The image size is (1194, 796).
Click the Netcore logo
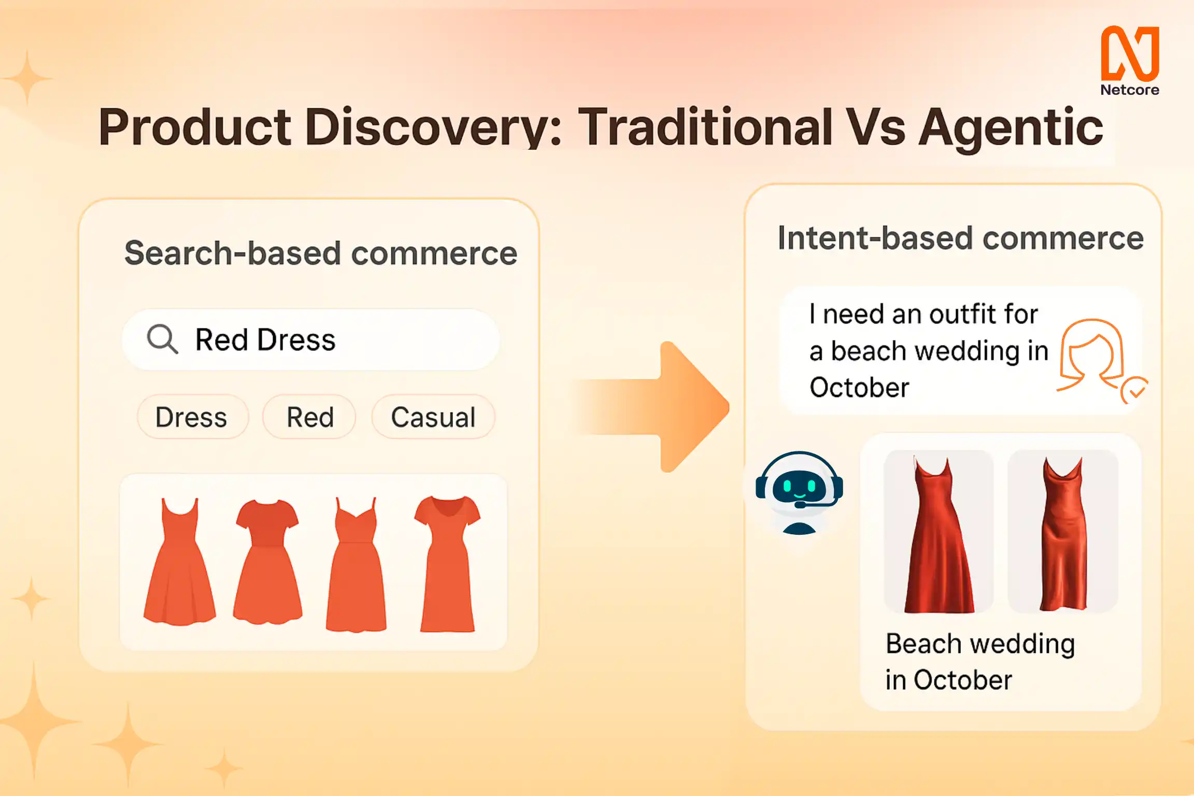click(x=1130, y=61)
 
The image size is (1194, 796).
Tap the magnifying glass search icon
click(x=162, y=339)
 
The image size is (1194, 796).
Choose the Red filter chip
click(x=309, y=417)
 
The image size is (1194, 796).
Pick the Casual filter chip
click(x=433, y=417)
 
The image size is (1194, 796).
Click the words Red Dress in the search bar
click(x=265, y=340)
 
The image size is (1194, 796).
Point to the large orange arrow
click(x=658, y=407)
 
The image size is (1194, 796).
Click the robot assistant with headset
click(x=799, y=492)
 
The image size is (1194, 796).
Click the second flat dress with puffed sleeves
click(x=267, y=562)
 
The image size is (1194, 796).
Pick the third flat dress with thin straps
click(x=356, y=565)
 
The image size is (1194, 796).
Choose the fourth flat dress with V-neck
click(x=447, y=564)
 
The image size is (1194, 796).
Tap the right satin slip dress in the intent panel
click(x=1063, y=534)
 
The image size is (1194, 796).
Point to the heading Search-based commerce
click(x=321, y=253)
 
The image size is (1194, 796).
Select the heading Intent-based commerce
click(x=961, y=238)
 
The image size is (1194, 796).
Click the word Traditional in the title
click(x=705, y=126)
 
